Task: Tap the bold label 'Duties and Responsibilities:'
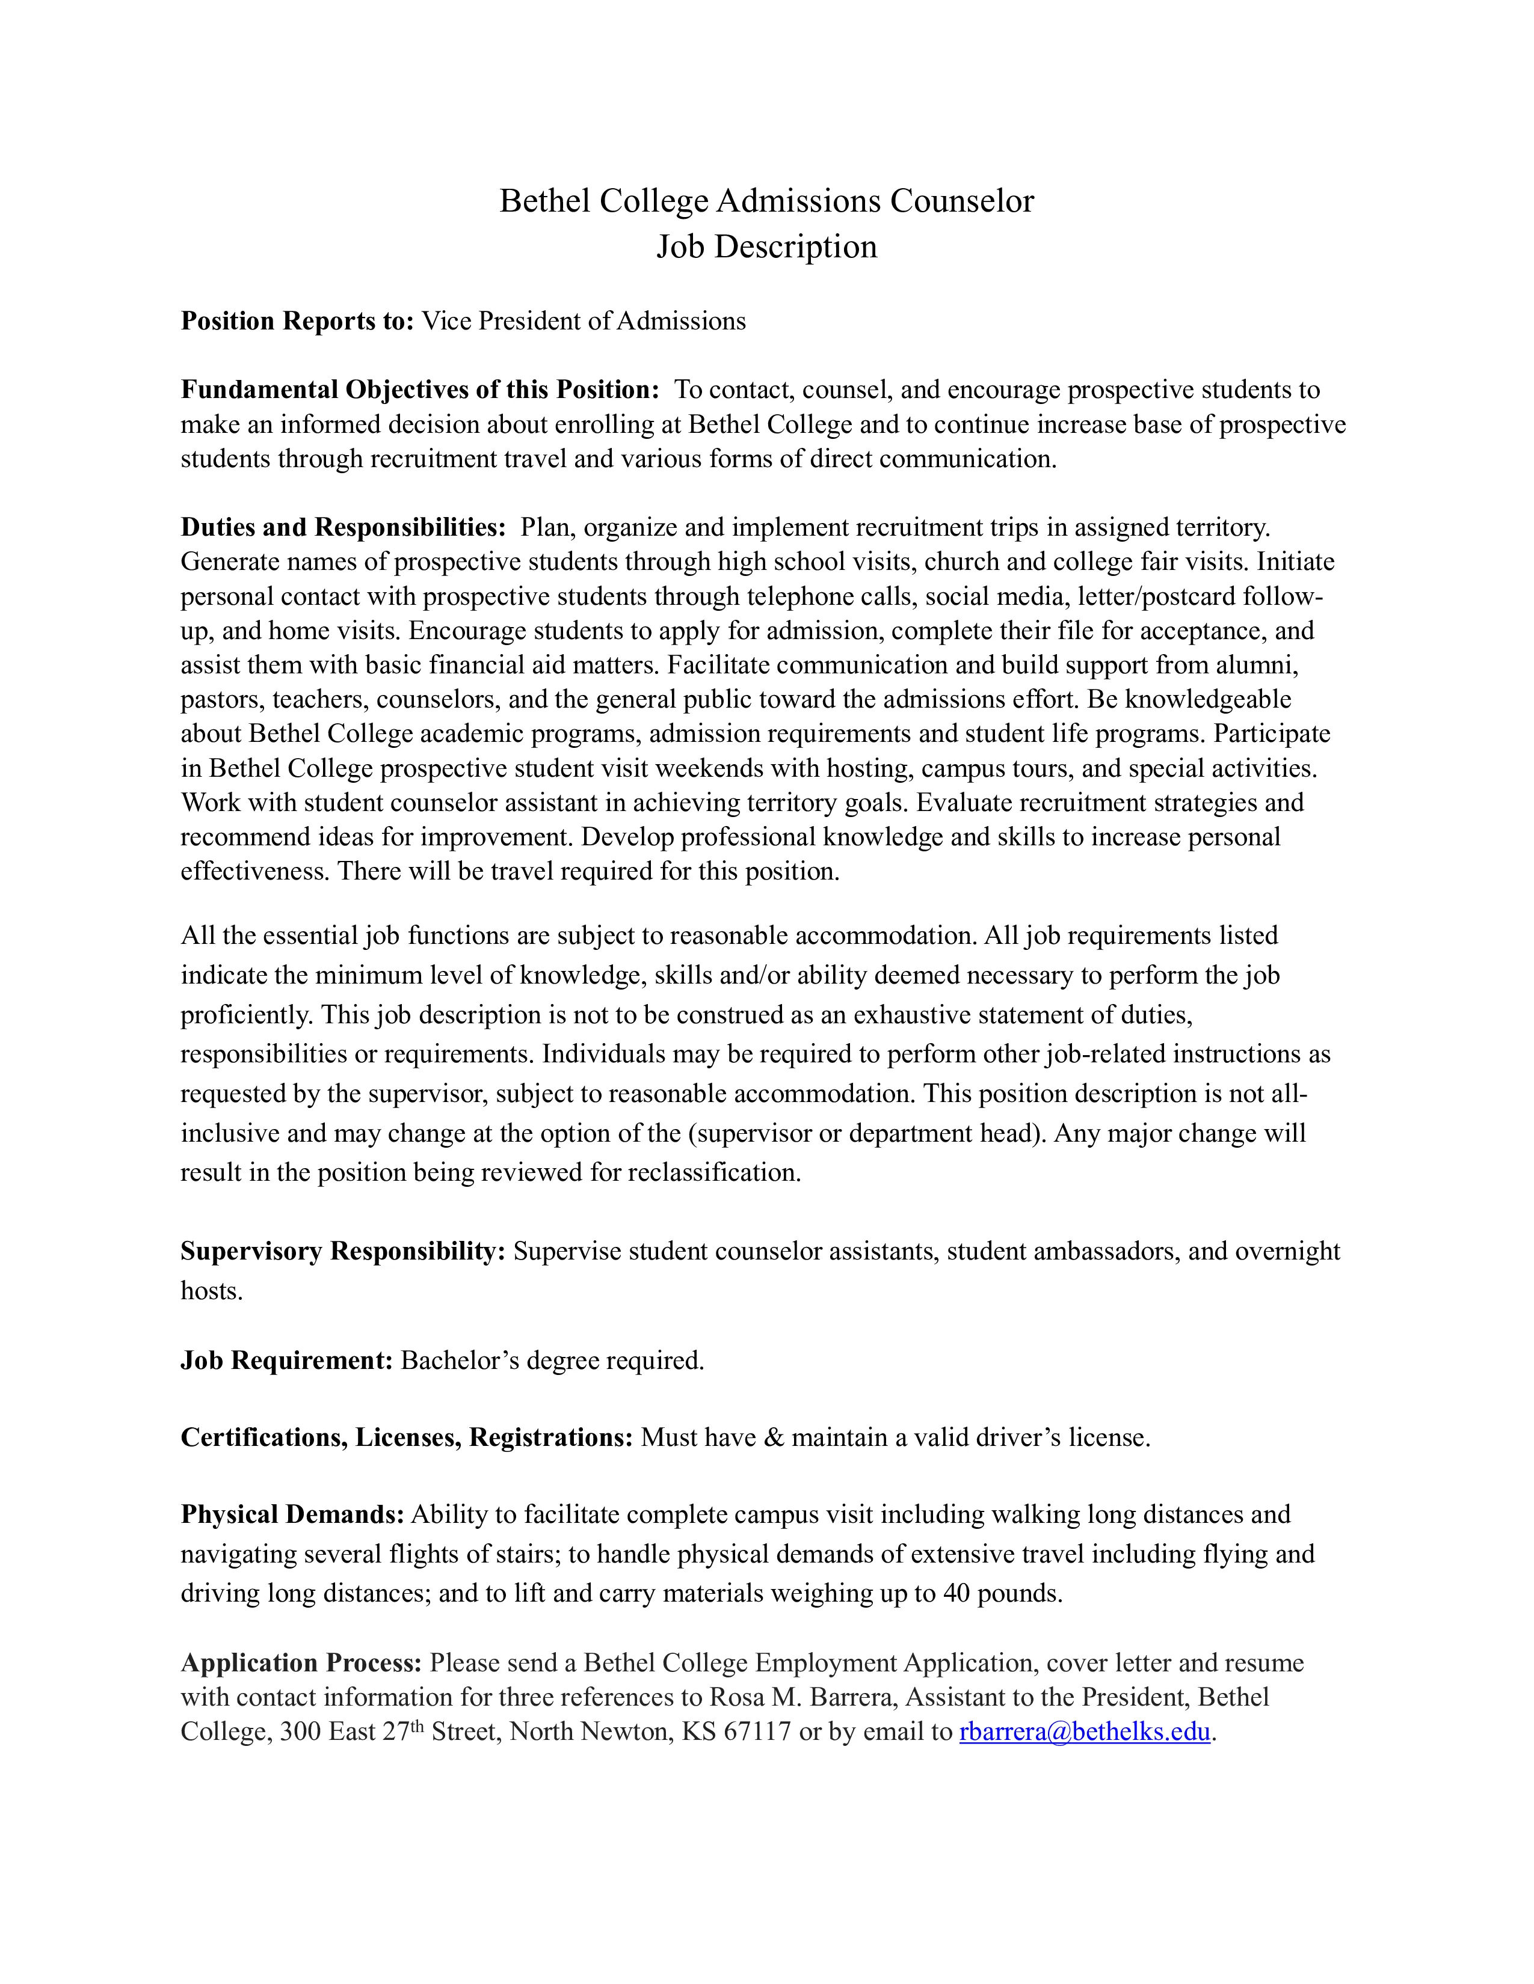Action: tap(343, 527)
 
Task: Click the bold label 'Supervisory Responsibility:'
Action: tap(343, 1251)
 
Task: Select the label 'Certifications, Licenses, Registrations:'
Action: tap(406, 1437)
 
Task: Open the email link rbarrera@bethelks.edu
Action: tap(1084, 1731)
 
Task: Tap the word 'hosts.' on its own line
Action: tap(212, 1291)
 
